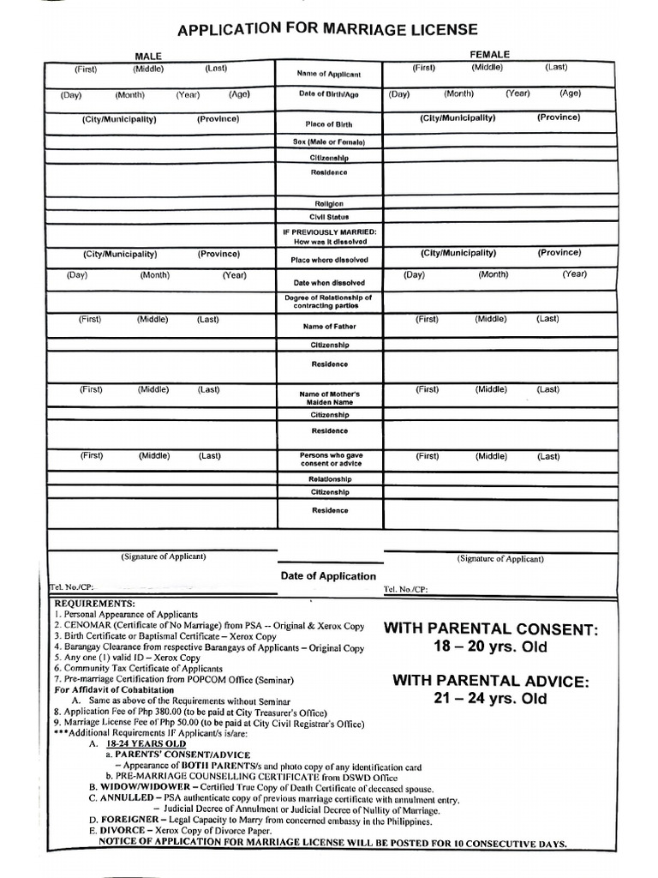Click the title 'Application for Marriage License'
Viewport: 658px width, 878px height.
pos(327,30)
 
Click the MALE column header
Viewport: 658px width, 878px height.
pos(147,56)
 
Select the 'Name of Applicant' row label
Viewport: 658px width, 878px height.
pos(328,75)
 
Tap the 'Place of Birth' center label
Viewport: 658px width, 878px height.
pos(328,124)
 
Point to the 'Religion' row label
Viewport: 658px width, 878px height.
pos(328,203)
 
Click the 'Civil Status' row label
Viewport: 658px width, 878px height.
pos(328,218)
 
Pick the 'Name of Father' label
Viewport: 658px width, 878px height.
pos(328,327)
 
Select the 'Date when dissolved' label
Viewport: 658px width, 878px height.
pos(328,282)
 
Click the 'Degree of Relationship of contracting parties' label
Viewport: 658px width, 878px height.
pos(328,302)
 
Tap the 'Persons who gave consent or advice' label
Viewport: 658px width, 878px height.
pos(328,459)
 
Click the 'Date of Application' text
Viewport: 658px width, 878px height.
pos(328,576)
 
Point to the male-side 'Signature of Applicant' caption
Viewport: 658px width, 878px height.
pos(163,556)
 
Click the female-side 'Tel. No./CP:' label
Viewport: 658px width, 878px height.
pos(405,590)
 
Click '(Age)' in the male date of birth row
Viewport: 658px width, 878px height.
pos(239,94)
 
